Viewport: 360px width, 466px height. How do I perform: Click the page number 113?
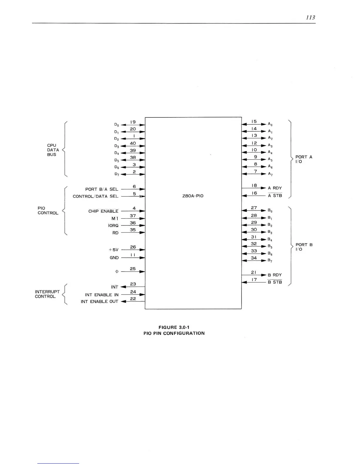click(310, 18)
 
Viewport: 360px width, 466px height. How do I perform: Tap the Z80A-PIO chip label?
click(193, 196)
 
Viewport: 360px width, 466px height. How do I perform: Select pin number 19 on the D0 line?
click(133, 122)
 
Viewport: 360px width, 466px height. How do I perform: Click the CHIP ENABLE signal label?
click(103, 211)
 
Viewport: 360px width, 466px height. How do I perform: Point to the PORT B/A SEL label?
click(102, 189)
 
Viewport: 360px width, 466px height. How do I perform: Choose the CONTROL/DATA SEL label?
click(96, 196)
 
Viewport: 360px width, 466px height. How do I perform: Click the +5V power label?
click(114, 250)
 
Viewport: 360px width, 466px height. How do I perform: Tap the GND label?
click(114, 258)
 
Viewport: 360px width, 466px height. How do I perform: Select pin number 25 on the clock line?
click(133, 269)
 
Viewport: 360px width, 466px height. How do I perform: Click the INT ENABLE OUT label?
click(99, 302)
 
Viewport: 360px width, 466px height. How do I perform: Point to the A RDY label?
click(275, 188)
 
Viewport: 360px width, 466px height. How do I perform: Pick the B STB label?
click(275, 282)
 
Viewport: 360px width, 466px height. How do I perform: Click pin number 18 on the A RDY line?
click(254, 185)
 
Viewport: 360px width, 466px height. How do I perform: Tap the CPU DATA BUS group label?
click(53, 150)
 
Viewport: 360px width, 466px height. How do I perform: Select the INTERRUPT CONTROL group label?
click(47, 294)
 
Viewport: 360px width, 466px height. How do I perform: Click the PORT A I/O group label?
click(304, 159)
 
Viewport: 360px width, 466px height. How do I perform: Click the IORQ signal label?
click(113, 226)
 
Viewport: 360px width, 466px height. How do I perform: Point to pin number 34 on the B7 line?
click(254, 258)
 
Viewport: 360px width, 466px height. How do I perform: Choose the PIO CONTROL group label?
click(48, 210)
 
